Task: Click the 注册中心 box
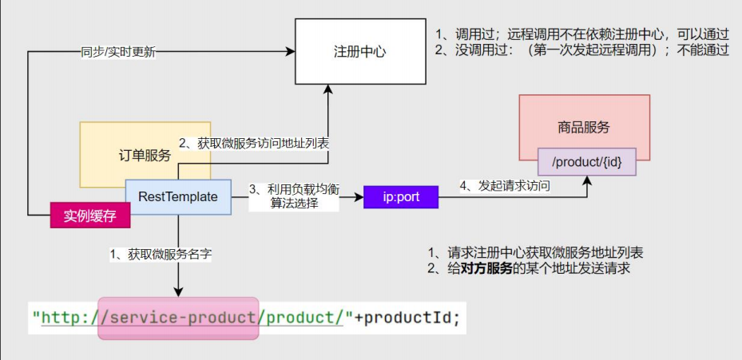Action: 360,52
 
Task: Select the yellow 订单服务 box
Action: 145,155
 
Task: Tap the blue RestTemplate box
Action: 178,197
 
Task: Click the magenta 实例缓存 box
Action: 90,216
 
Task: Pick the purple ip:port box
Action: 401,197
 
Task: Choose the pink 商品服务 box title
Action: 584,127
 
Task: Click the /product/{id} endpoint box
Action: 587,162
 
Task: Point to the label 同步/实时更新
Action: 118,53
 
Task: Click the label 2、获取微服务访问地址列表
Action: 254,144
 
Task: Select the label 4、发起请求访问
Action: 505,187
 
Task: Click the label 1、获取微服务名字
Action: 161,255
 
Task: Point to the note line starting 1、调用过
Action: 582,34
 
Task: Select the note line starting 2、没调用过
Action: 582,50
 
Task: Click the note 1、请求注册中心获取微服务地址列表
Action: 535,252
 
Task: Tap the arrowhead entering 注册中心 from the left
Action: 290,52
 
